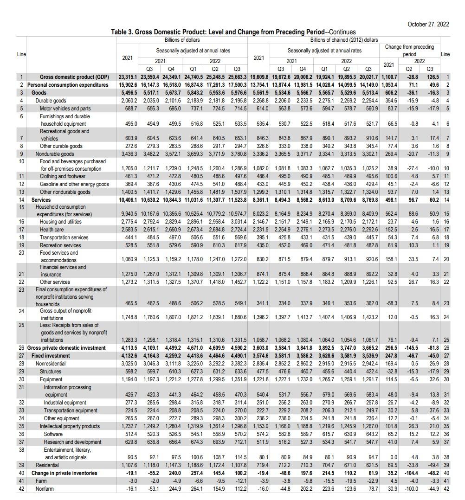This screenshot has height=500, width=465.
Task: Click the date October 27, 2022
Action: tap(428, 24)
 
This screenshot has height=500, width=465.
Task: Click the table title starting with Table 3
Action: tap(233, 32)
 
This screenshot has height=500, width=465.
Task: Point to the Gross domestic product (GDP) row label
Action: tap(74, 77)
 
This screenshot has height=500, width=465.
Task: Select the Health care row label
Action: tap(52, 230)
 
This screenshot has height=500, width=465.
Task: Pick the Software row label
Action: tap(54, 434)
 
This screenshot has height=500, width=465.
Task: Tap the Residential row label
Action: tap(47, 465)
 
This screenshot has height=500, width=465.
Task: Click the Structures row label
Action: tap(51, 372)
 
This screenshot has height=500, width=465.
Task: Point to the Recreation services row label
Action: tap(60, 245)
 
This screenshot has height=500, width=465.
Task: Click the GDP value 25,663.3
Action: tap(237, 77)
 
